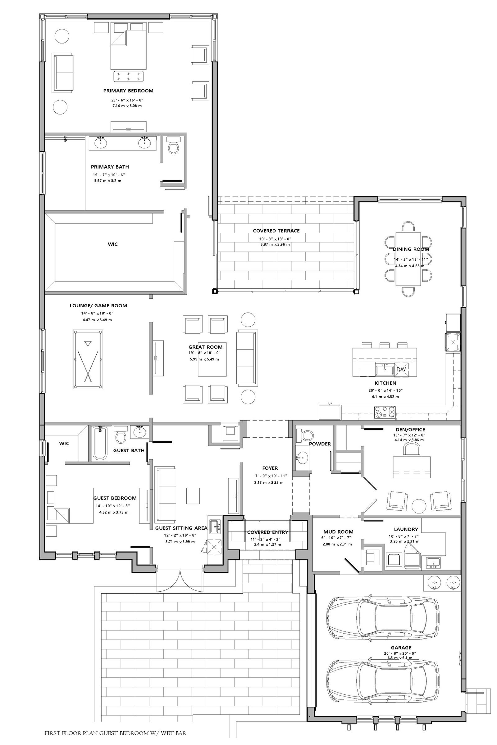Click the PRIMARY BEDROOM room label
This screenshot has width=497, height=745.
(x=128, y=91)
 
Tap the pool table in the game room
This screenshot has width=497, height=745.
(x=88, y=359)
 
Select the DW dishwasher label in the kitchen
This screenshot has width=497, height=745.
(x=401, y=369)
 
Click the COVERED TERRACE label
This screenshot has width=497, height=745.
(x=276, y=231)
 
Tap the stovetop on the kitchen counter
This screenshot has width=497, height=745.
(x=385, y=413)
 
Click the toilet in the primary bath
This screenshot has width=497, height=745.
(x=173, y=145)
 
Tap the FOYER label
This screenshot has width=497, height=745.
(x=270, y=468)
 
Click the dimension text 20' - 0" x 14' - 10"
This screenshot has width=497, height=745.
(x=385, y=391)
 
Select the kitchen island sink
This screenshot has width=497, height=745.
(x=385, y=370)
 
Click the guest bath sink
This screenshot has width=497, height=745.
(x=139, y=432)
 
